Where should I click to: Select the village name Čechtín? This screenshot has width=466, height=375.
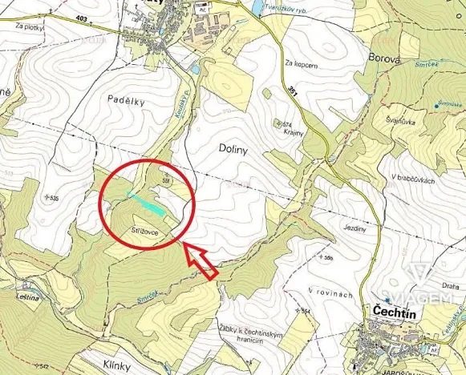pyautogui.click(x=394, y=310)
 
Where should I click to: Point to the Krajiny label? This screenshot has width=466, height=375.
pyautogui.click(x=293, y=133)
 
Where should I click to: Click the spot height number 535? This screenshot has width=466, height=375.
pyautogui.click(x=54, y=197)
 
